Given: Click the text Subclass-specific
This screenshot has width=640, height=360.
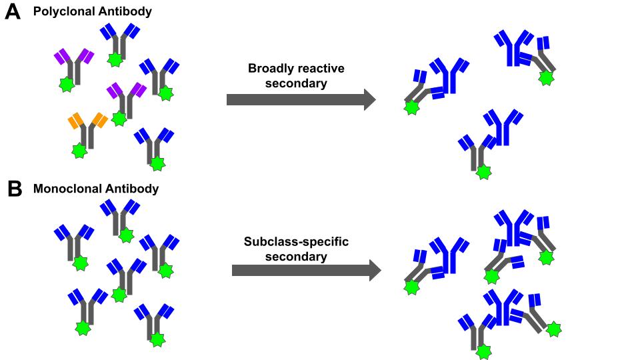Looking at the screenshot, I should (297, 241).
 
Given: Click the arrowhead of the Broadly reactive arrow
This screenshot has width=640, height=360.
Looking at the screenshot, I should (369, 100).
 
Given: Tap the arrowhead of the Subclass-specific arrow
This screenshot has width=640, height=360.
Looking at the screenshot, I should (373, 271).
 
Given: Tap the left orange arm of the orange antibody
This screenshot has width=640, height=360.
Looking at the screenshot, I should (75, 121).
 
